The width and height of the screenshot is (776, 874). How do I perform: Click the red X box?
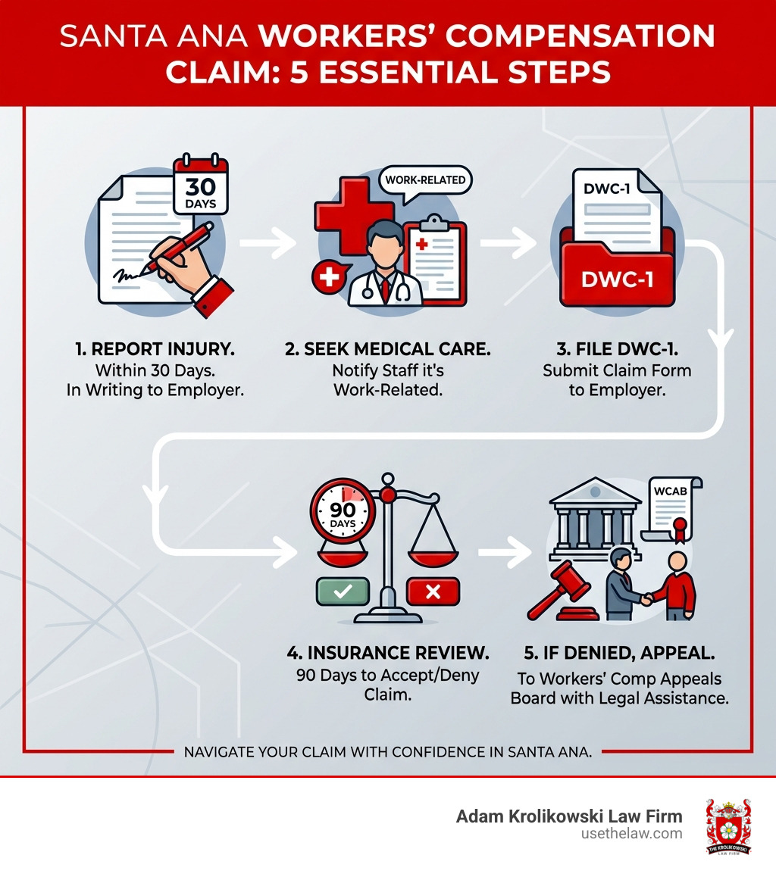(x=433, y=592)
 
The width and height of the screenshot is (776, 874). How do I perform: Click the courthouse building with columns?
(x=594, y=515)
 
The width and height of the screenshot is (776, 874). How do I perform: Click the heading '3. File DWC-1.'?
(x=617, y=351)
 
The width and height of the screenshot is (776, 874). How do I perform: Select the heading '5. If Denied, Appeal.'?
(x=619, y=652)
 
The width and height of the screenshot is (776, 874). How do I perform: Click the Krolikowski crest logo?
(x=728, y=826)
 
